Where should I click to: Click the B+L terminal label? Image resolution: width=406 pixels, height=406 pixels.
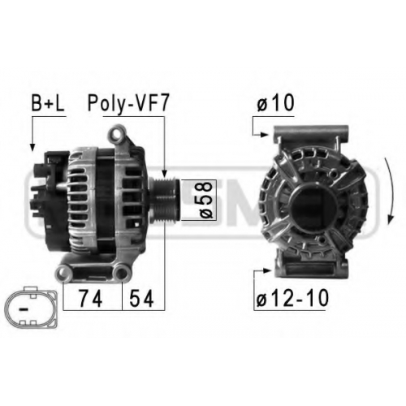[x=48, y=103]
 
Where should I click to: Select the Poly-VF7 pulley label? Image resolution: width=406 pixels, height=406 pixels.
[x=128, y=104]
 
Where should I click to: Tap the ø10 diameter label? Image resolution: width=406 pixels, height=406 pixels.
[x=275, y=103]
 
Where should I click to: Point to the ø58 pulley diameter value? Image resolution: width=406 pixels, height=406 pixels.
[x=206, y=200]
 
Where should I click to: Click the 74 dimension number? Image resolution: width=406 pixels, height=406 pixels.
[x=90, y=299]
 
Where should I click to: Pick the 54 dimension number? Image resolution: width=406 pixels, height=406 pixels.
[x=141, y=299]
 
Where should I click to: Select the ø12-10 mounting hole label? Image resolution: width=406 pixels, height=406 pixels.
[x=292, y=298]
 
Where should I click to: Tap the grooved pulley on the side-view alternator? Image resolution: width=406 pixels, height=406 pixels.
[x=164, y=201]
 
